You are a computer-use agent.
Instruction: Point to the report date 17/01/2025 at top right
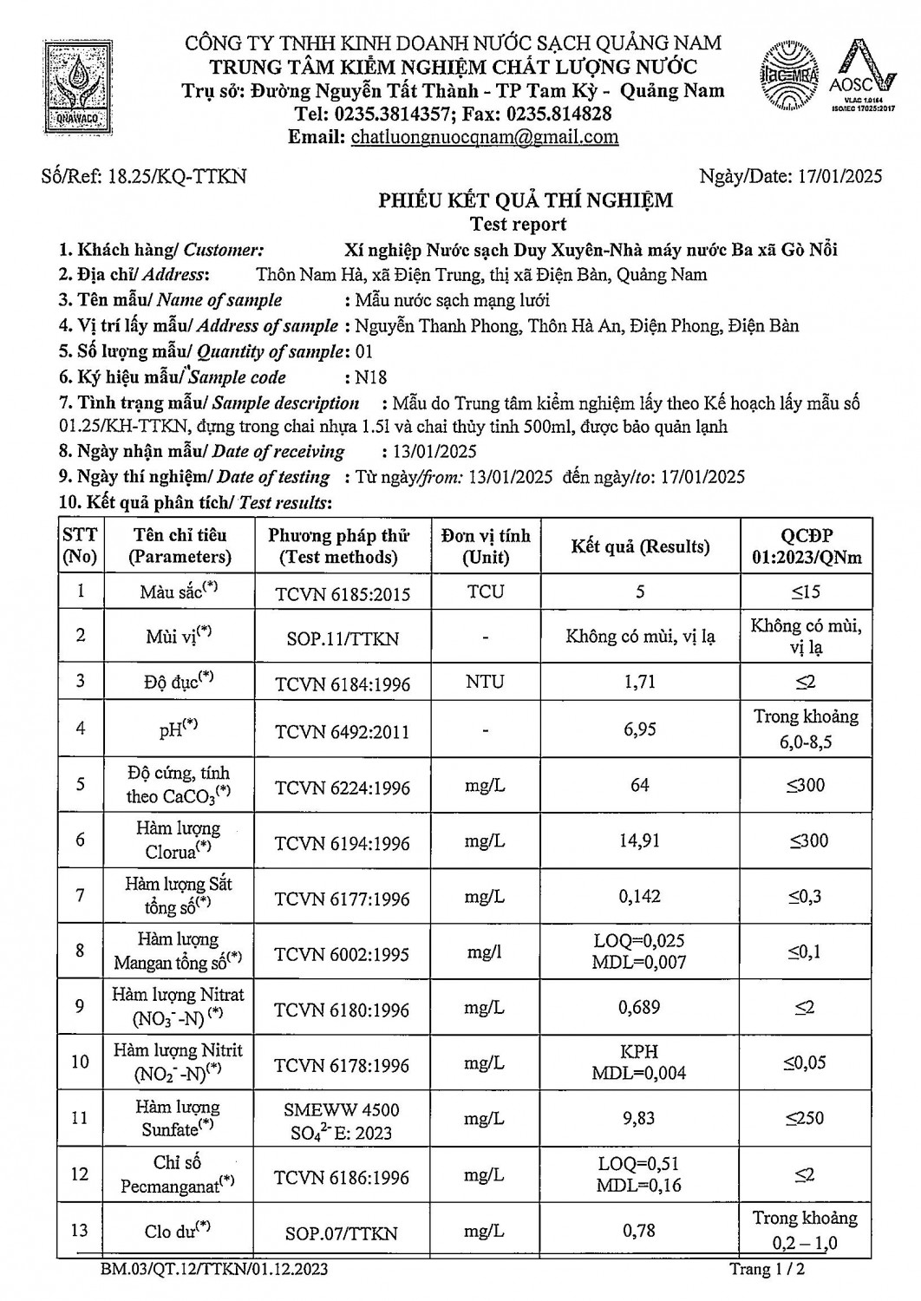tap(839, 177)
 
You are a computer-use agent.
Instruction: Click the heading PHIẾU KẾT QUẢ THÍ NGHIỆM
tap(525, 201)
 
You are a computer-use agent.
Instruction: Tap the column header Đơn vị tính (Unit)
tap(485, 546)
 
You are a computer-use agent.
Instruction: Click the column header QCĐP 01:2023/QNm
tap(807, 546)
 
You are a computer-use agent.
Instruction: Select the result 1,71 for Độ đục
tap(639, 682)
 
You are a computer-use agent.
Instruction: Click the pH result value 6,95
tap(639, 729)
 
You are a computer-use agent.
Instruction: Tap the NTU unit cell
tap(485, 682)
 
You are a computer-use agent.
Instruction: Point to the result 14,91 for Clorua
tap(639, 840)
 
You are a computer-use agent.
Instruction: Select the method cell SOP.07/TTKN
tap(342, 1233)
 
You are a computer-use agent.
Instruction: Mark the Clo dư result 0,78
tap(639, 1231)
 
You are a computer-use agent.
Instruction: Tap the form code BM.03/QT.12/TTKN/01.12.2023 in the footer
tap(214, 1271)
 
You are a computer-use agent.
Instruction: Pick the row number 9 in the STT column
tap(80, 1006)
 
